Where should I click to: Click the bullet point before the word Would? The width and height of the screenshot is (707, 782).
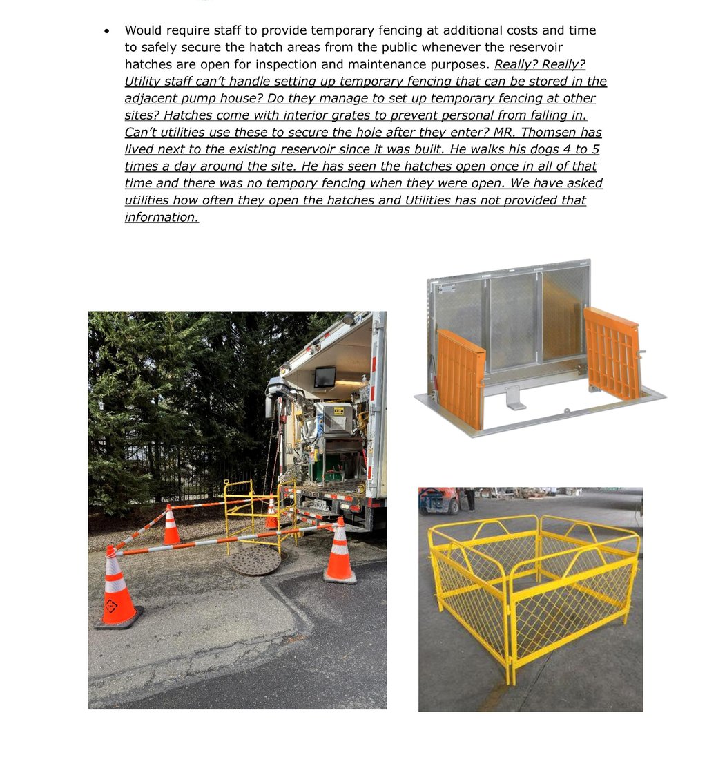(x=107, y=31)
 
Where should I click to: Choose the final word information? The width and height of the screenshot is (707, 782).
(x=162, y=218)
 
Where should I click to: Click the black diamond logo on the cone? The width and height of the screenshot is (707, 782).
(x=110, y=607)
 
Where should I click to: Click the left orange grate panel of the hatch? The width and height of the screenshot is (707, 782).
(x=461, y=377)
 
